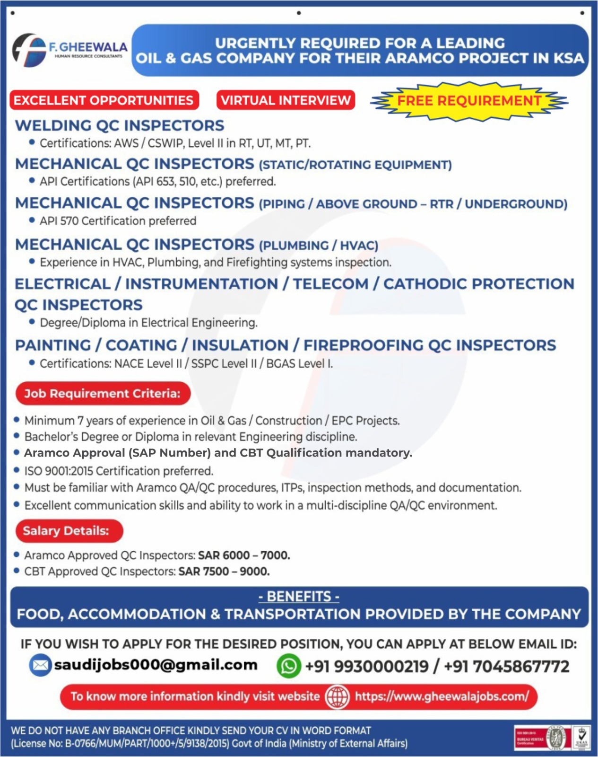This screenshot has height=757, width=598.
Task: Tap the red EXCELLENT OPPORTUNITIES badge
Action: (104, 100)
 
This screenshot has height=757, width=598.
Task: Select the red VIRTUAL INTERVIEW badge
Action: (286, 100)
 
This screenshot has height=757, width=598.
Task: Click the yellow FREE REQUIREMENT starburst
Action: (469, 101)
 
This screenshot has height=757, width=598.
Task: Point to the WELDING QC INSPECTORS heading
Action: (120, 125)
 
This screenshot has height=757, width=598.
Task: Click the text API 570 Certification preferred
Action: (118, 221)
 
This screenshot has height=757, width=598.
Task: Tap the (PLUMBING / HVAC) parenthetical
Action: (319, 246)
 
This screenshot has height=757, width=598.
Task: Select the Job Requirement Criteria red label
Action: (103, 394)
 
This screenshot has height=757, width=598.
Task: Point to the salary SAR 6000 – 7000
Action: (244, 555)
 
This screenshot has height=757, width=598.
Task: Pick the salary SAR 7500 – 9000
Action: (224, 572)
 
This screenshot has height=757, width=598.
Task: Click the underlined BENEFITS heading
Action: (299, 597)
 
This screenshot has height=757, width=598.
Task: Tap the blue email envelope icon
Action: (40, 665)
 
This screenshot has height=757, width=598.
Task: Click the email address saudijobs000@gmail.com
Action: (156, 665)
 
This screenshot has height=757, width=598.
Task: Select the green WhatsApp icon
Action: (288, 666)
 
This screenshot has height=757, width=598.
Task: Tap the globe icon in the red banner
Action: (337, 696)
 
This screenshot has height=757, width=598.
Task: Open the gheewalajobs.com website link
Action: (442, 696)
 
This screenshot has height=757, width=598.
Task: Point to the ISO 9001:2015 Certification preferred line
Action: (119, 471)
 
